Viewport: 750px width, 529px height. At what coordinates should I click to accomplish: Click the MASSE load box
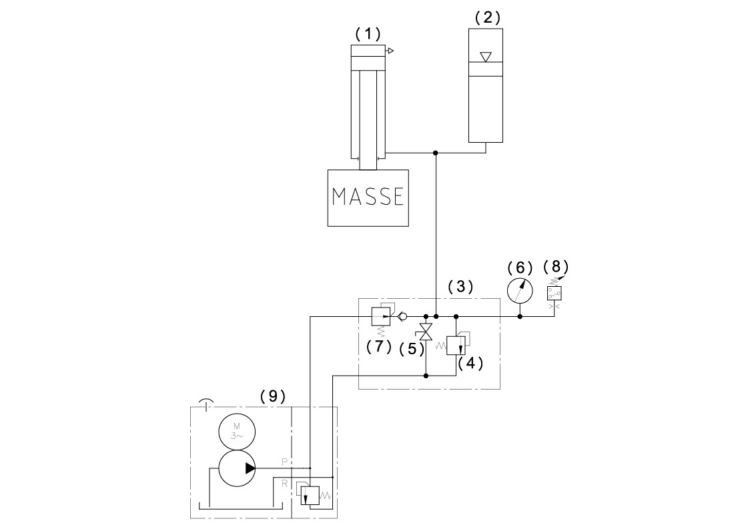[368, 197]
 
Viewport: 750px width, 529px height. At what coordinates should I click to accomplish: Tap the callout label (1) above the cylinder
[367, 33]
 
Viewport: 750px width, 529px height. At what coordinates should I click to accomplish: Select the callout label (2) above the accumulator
[487, 18]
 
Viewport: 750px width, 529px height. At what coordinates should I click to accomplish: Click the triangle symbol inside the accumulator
[486, 57]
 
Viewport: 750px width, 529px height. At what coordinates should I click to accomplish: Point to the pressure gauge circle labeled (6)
[520, 292]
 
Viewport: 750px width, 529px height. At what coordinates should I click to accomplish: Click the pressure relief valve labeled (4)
[455, 345]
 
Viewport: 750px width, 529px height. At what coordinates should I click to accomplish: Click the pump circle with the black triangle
[236, 468]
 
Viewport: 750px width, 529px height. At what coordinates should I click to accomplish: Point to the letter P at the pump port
[284, 461]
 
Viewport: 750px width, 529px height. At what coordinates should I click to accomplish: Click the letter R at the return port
[284, 482]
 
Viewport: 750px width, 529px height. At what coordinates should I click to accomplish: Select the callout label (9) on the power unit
[272, 396]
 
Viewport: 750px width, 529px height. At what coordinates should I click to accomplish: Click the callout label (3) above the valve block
[460, 287]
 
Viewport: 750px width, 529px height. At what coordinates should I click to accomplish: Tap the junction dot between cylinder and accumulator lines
[436, 153]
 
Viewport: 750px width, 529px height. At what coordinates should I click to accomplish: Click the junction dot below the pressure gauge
[520, 316]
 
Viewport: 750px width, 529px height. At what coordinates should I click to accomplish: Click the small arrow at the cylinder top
[390, 51]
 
